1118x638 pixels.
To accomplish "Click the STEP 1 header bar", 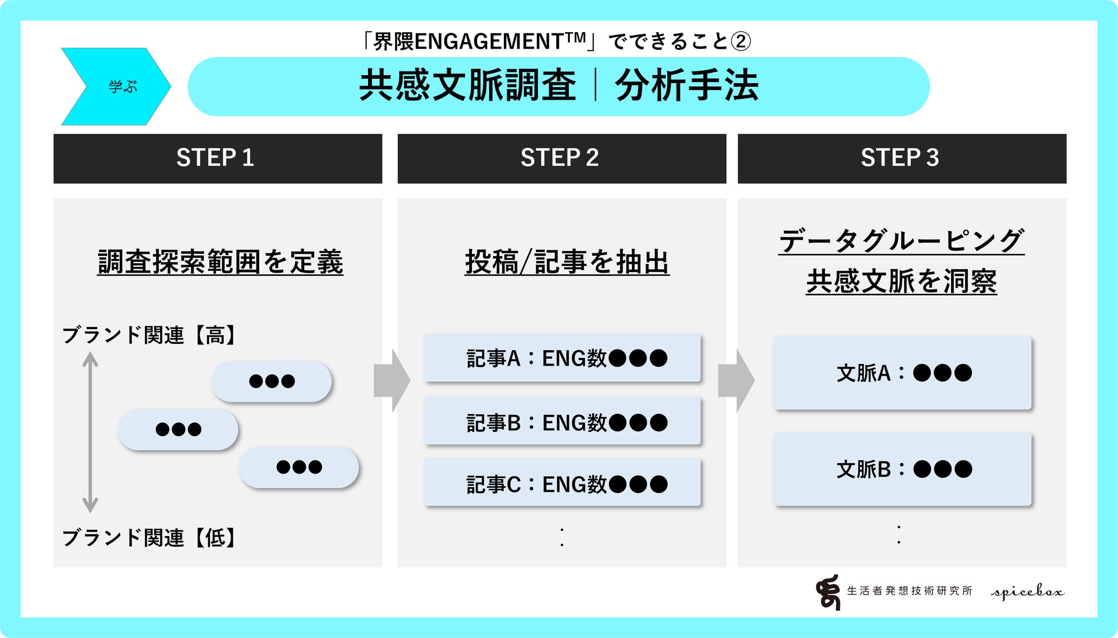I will [x=217, y=158].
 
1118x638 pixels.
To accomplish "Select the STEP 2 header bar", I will [x=561, y=158].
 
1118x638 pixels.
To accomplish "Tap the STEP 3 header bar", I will [x=901, y=158].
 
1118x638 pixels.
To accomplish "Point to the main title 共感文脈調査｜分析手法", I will [x=558, y=86].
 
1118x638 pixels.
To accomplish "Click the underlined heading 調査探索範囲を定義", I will [x=220, y=262].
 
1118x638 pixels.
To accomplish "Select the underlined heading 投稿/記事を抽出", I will [x=567, y=262].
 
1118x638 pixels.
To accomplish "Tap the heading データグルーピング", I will [x=901, y=241].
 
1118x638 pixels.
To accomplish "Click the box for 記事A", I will [x=562, y=358].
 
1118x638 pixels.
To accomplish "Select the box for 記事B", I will [x=562, y=422].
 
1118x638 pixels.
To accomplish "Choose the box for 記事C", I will [x=562, y=484].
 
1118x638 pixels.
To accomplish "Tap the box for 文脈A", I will [x=902, y=373].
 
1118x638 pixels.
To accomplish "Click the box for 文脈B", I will [x=902, y=469].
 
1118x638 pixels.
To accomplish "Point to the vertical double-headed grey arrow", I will [x=90, y=432].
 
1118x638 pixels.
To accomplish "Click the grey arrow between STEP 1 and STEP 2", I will [x=392, y=380].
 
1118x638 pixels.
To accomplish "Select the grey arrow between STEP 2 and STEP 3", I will [x=736, y=380].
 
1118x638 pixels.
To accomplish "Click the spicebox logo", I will [x=1027, y=592].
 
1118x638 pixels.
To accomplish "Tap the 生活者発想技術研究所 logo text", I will [x=909, y=591].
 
